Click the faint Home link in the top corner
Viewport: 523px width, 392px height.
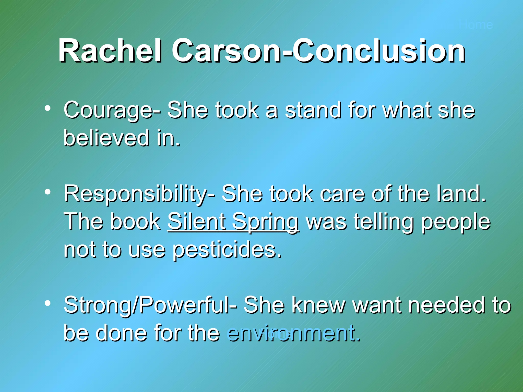click(x=476, y=25)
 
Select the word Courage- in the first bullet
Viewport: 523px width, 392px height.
click(x=112, y=110)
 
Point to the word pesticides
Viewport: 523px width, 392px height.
click(x=227, y=250)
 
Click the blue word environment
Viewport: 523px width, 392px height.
click(x=294, y=333)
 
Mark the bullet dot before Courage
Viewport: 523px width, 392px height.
click(x=47, y=109)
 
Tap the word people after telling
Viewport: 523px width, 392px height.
click(x=456, y=222)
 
